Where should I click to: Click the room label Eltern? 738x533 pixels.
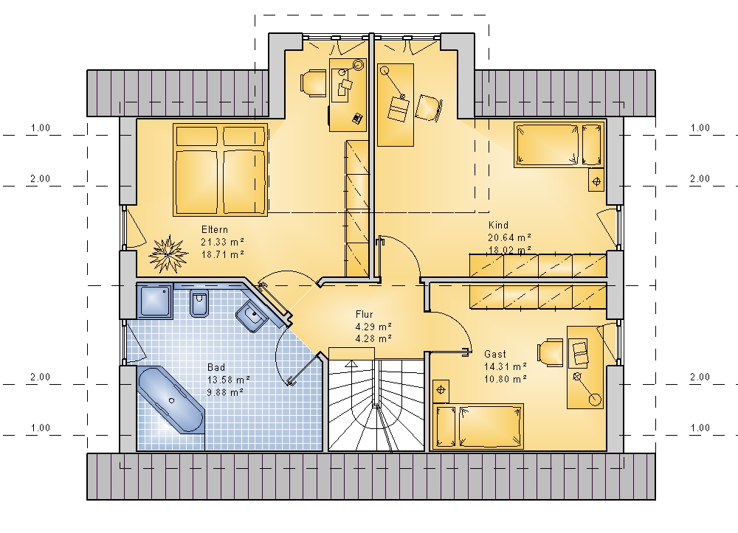click(x=215, y=229)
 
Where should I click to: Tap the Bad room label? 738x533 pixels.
click(x=216, y=367)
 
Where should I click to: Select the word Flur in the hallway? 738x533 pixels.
click(x=365, y=314)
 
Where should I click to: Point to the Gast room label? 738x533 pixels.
click(x=495, y=354)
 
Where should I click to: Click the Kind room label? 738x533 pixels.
click(x=498, y=225)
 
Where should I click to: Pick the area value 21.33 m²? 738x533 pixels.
click(x=223, y=242)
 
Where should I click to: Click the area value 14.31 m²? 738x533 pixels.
click(x=506, y=366)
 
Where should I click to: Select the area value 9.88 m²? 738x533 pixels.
click(x=225, y=392)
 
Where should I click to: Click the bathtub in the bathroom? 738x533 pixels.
click(x=171, y=400)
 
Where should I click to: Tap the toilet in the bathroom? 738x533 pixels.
click(x=199, y=301)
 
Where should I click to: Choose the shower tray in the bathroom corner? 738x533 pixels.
click(x=155, y=301)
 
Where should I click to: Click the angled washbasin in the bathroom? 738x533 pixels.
click(x=252, y=316)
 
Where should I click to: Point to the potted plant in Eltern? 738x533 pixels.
click(x=167, y=254)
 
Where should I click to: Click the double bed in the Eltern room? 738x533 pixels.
click(x=220, y=170)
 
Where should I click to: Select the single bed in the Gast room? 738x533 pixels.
click(x=478, y=426)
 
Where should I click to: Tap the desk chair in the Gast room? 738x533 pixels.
click(x=551, y=352)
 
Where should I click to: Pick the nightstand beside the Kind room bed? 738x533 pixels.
click(x=596, y=180)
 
